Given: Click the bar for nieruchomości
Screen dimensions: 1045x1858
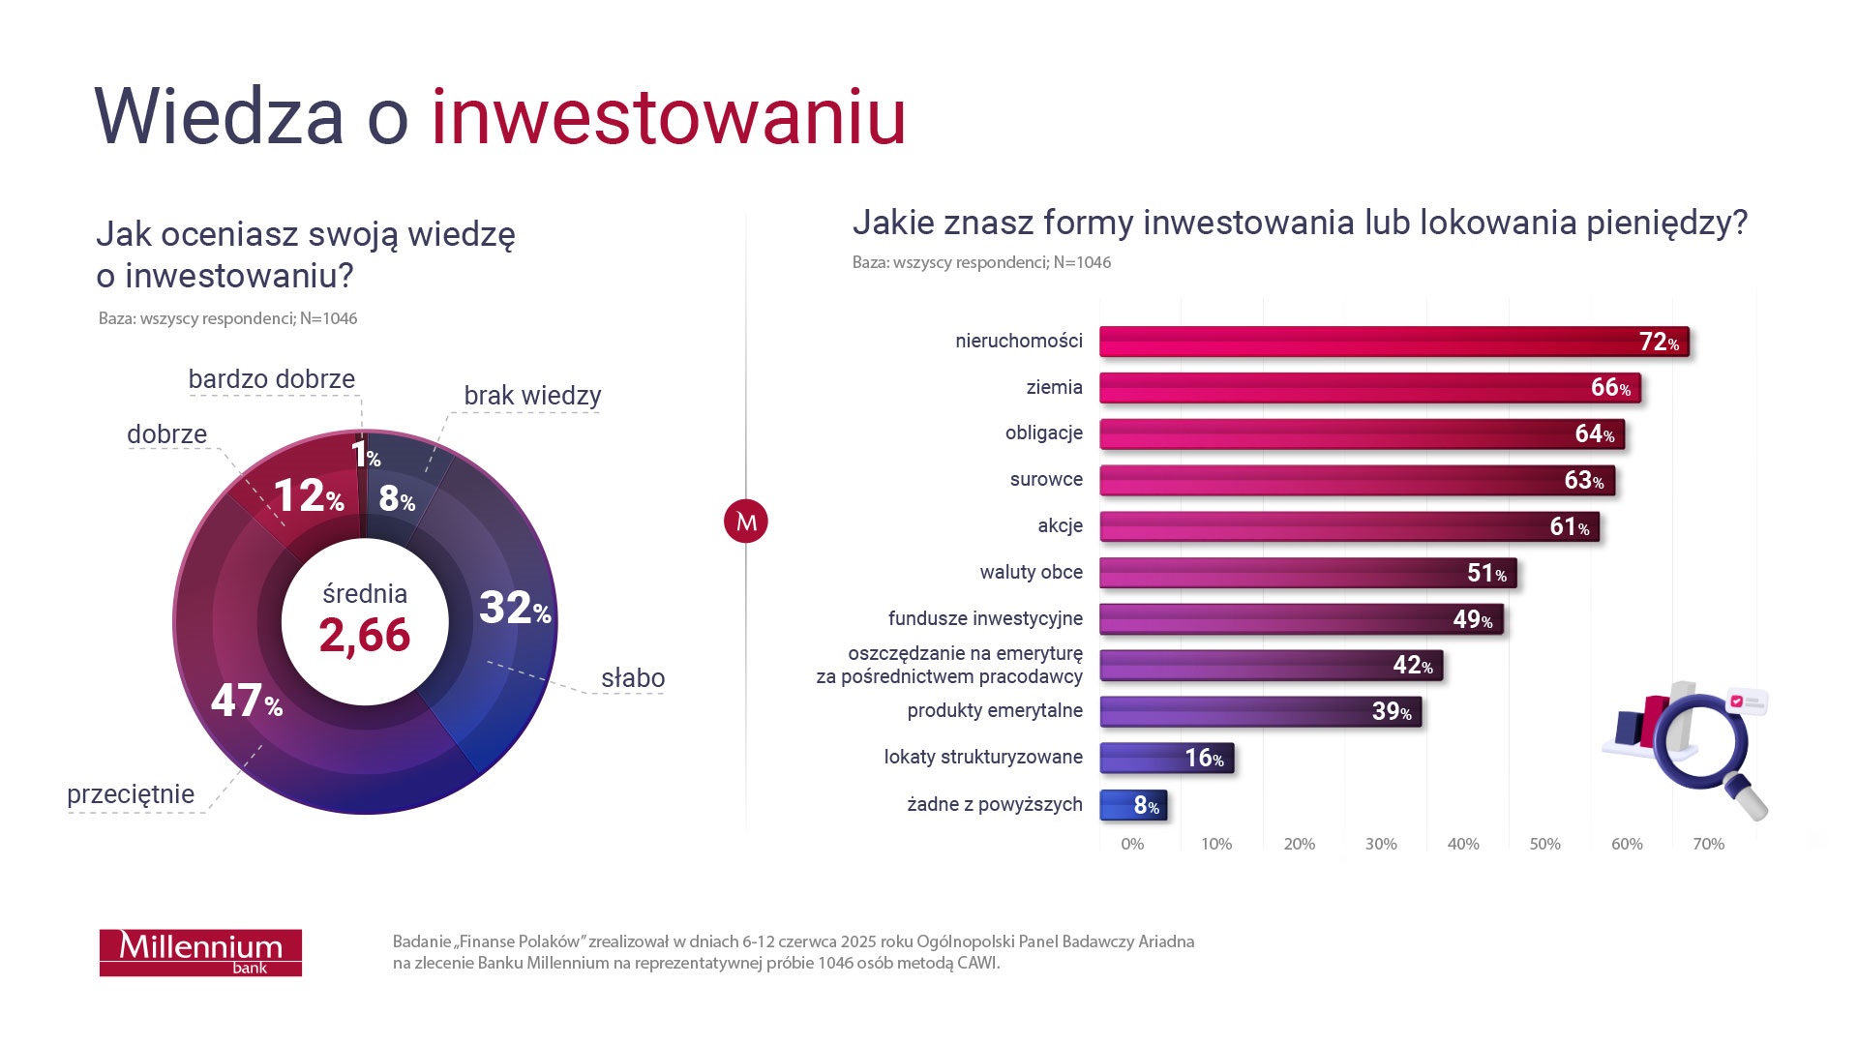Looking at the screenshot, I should [x=1393, y=342].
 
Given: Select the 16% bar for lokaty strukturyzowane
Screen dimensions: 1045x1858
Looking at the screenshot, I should [x=1166, y=758].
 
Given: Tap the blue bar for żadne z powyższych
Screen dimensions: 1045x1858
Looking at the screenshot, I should [x=1133, y=805].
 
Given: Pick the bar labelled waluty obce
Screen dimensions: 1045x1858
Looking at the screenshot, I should [x=1307, y=573].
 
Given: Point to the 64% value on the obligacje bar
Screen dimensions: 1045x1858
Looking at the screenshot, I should [x=1594, y=434].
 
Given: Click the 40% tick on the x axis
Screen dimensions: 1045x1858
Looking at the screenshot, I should [x=1462, y=844].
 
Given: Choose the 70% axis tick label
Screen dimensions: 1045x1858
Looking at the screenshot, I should [x=1708, y=844].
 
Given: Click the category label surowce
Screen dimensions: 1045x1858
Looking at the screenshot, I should [x=1046, y=480].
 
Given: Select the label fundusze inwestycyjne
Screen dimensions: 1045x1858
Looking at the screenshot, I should [x=985, y=618].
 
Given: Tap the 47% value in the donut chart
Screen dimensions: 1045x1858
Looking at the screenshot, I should [x=246, y=702].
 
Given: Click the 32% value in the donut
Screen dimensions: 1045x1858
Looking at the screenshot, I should [x=514, y=609].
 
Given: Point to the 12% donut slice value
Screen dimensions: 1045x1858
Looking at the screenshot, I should [x=308, y=496].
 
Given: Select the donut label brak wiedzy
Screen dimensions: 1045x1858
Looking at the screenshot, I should [x=532, y=396].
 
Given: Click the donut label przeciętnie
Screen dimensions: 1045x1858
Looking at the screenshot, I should [x=131, y=794].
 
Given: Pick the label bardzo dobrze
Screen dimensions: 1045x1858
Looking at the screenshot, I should [x=271, y=379].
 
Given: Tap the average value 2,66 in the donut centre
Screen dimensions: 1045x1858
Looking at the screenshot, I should [x=365, y=636].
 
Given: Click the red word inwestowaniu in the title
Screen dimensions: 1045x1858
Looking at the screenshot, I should [x=668, y=118].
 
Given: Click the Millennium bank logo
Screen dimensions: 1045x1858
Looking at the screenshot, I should [x=200, y=952].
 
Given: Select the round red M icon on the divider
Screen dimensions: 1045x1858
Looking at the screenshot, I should [x=746, y=522].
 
